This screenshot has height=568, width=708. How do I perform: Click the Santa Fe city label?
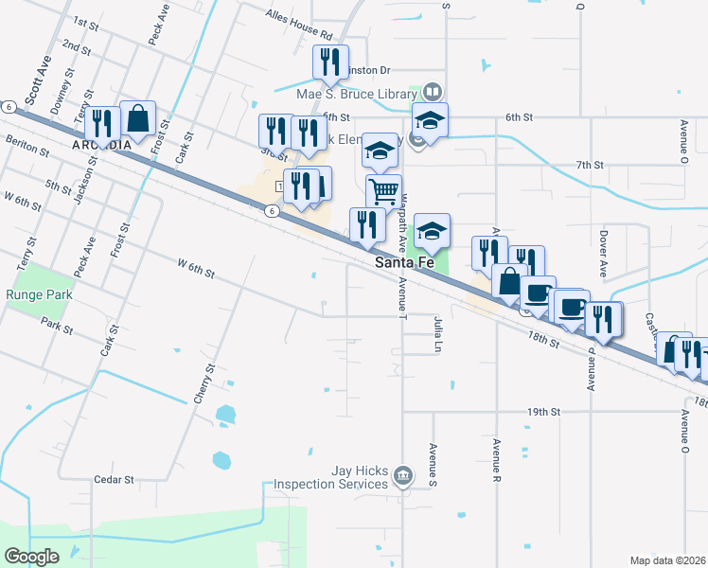coord(405,262)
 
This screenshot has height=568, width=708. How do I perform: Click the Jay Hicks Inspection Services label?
coord(330,477)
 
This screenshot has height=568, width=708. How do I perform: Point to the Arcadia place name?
coord(101,145)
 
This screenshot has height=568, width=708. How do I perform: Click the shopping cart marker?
coord(383,190)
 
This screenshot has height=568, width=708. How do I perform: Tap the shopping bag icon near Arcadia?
coord(138,118)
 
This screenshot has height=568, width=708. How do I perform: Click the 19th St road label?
coord(544,412)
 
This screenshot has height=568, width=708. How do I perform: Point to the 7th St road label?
coord(589,165)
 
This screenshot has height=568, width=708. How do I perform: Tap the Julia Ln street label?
coord(438,333)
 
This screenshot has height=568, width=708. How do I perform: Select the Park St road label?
coord(57,324)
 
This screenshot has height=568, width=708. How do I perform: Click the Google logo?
coord(31,556)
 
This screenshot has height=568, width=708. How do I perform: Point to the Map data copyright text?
coord(666,560)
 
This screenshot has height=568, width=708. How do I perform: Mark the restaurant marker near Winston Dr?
coord(330,62)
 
